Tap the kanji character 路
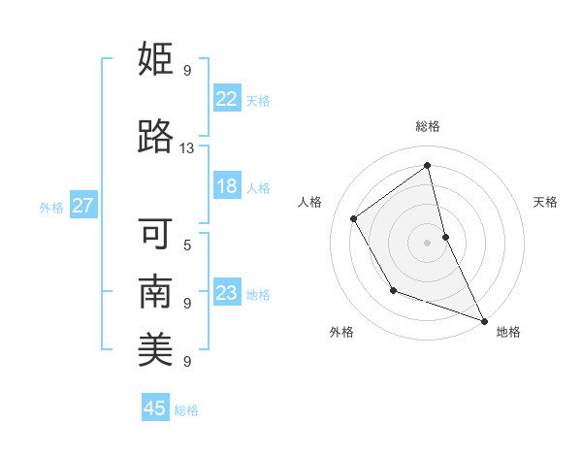point(155,137)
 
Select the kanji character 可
point(155,234)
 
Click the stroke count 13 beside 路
point(186,148)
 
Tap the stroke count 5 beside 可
point(186,244)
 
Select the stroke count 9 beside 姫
point(186,70)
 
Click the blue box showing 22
point(226,98)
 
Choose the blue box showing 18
point(226,186)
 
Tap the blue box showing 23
point(226,293)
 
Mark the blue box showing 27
point(82,206)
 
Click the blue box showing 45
point(155,408)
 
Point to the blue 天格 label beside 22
point(258,100)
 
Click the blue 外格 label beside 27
point(51,207)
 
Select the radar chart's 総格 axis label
point(428,126)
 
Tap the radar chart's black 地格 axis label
point(508,333)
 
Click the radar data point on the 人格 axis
point(354,218)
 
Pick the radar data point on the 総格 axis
point(428,166)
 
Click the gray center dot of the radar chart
point(428,242)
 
